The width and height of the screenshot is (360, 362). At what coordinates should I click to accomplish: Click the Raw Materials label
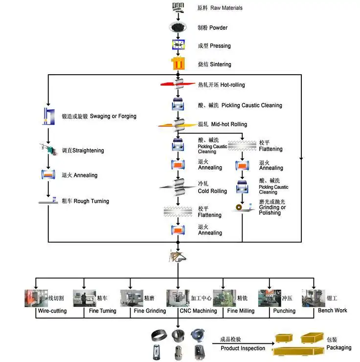[220, 8]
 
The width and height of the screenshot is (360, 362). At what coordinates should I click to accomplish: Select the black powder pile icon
[178, 27]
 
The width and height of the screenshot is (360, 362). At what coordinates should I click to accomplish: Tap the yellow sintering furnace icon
[178, 64]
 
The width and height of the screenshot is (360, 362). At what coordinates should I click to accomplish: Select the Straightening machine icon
[47, 149]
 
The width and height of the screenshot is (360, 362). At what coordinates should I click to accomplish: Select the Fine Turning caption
[102, 311]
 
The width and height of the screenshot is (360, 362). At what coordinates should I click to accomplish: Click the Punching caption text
[284, 311]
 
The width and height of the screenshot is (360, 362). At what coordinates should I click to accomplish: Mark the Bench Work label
[332, 310]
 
